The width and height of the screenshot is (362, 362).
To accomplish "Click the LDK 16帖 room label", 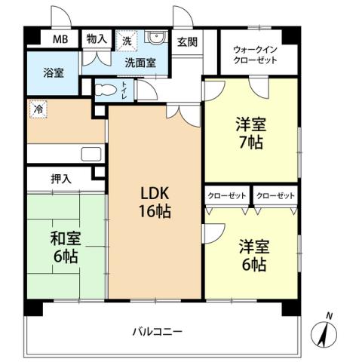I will tap(154, 202).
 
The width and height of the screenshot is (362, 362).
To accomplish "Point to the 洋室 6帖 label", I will tap(252, 255).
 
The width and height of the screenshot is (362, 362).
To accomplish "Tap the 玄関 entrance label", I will tap(187, 42).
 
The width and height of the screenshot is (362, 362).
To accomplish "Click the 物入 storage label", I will tap(96, 38).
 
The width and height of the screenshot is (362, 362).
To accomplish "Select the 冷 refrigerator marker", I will tap(37, 109).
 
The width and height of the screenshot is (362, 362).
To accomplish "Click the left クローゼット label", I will tap(227, 195).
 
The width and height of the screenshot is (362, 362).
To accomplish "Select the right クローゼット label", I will tap(275, 195).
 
